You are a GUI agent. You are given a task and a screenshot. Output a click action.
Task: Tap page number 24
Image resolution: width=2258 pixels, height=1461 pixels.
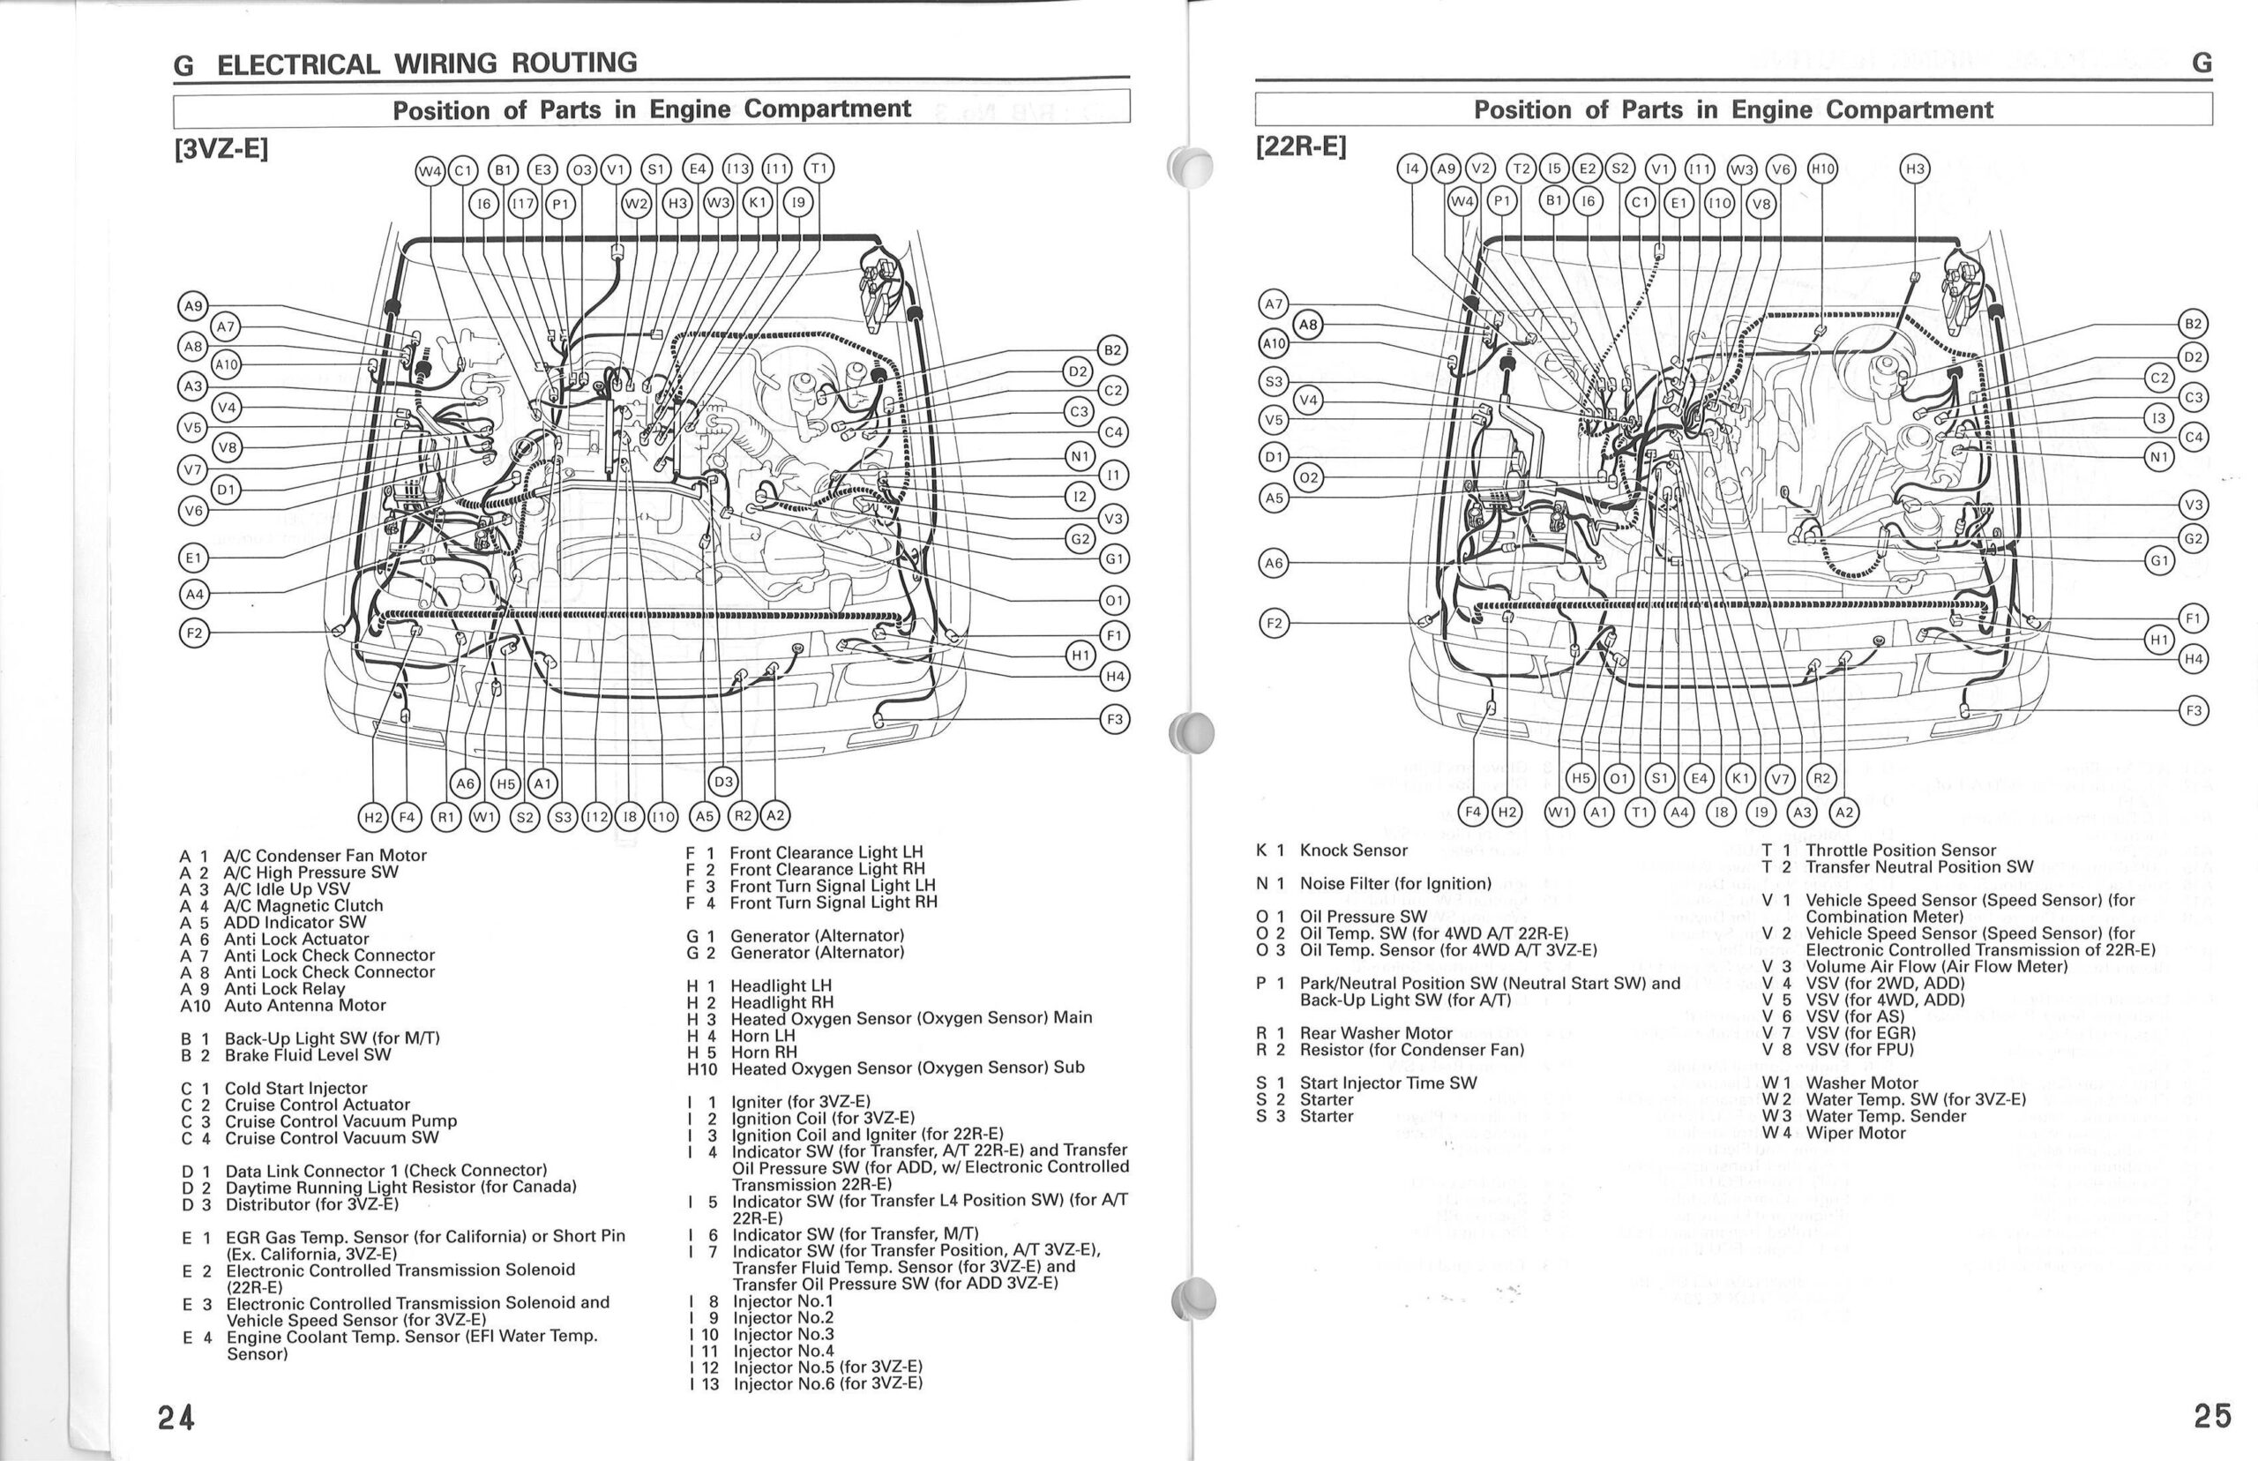[x=176, y=1418]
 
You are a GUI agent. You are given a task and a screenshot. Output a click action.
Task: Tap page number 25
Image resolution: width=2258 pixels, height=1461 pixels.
[x=2212, y=1415]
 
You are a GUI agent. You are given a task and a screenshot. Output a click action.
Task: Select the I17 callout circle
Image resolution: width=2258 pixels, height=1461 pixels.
[x=522, y=204]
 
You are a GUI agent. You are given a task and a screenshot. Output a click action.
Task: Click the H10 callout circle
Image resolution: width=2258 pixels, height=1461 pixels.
[x=1821, y=169]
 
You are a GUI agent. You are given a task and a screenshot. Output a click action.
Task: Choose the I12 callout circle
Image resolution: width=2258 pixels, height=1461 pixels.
[x=596, y=816]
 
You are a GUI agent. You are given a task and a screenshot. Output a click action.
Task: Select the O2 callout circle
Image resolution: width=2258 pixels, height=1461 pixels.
[x=1309, y=478]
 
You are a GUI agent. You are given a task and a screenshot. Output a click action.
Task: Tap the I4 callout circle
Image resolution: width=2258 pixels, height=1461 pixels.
[x=1412, y=169]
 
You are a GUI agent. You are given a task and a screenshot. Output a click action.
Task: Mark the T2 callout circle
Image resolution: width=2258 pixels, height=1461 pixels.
[x=1522, y=169]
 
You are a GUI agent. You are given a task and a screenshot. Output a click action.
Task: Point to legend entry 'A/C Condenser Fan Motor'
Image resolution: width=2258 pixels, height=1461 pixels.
[x=325, y=856]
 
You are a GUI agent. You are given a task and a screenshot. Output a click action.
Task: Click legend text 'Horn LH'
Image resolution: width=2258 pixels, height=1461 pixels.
[x=762, y=1036]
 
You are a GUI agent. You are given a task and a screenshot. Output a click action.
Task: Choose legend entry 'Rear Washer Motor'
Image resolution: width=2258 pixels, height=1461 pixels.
[x=1375, y=1033]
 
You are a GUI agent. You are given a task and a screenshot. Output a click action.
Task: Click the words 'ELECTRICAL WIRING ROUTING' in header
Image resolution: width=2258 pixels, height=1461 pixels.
[x=427, y=64]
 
